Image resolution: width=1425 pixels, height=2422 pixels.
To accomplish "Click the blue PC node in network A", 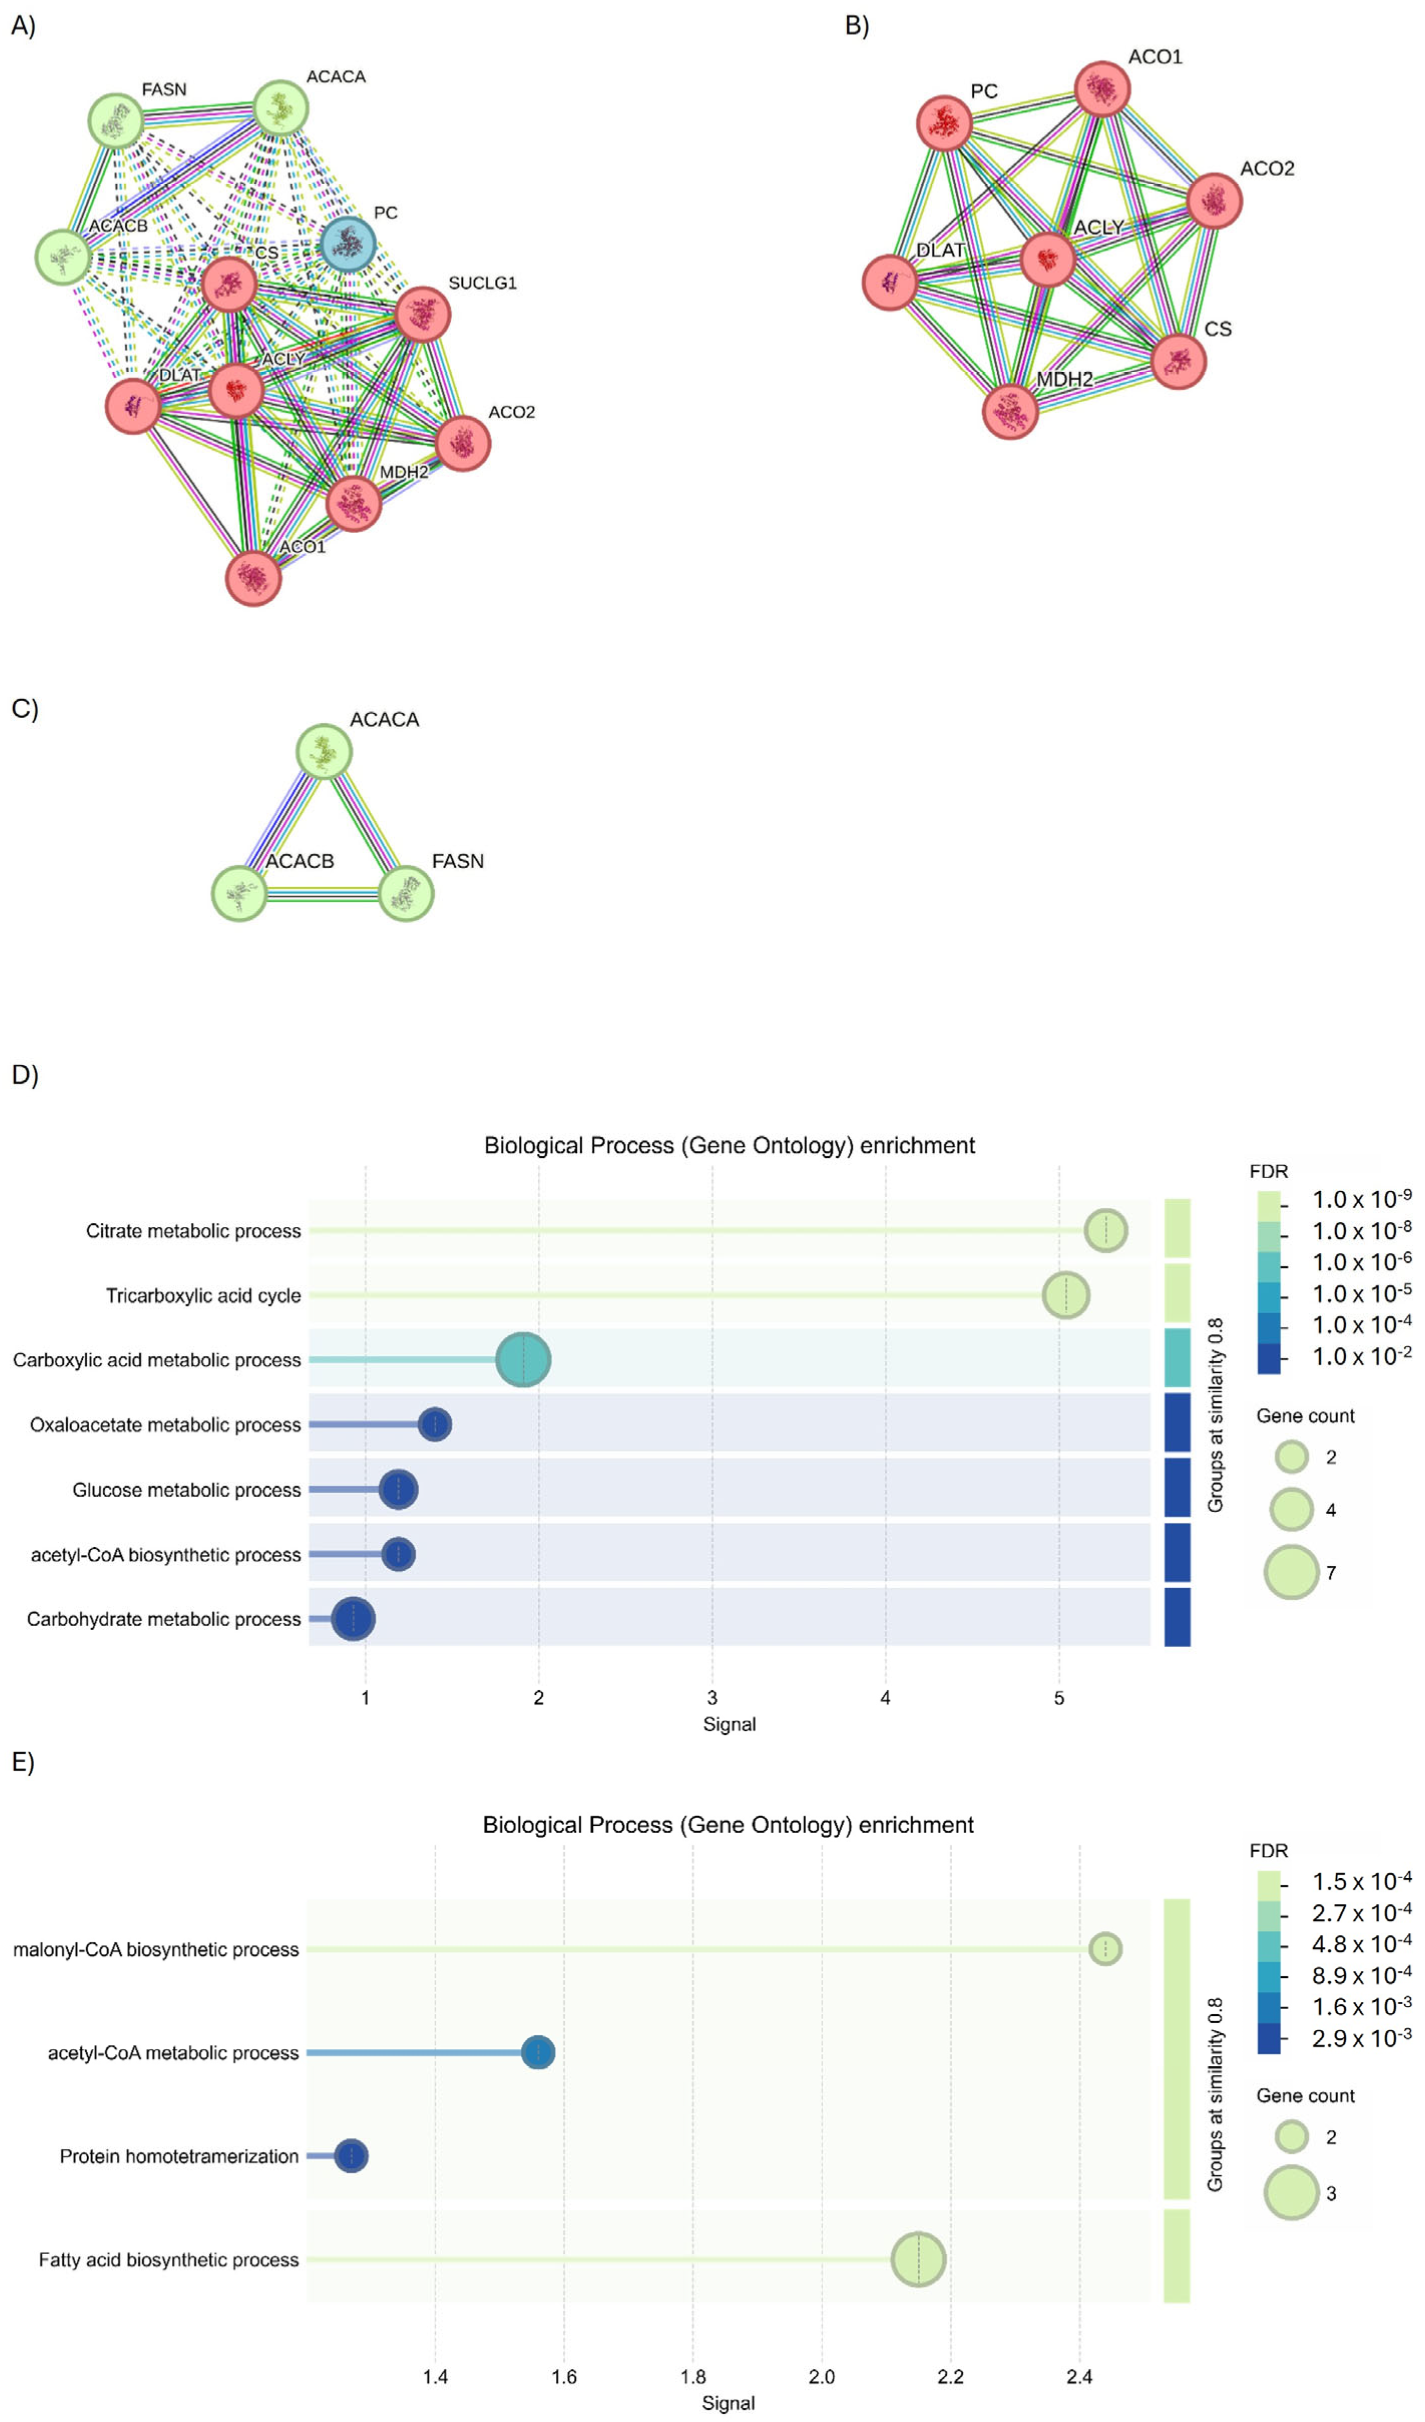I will click(348, 244).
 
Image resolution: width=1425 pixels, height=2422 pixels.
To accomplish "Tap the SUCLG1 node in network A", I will click(423, 314).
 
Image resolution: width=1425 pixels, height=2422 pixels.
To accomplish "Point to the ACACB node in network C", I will click(239, 893).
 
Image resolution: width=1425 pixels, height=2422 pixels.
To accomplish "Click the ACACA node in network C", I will click(324, 752).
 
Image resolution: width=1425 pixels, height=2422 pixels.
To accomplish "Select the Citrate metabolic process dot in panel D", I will click(1105, 1230).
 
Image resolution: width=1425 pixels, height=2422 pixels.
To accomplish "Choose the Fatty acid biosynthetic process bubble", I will click(918, 2259).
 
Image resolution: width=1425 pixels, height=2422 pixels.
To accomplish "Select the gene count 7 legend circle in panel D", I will click(1291, 1572).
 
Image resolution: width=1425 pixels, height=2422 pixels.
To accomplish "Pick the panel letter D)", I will click(25, 1074).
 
